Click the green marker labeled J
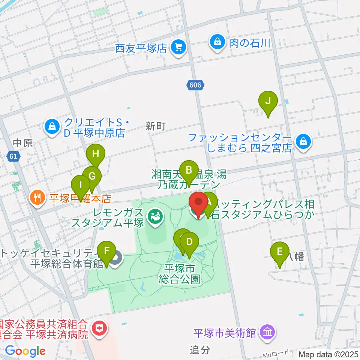268,101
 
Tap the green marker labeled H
96,153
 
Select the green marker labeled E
279,252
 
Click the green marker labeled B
189,170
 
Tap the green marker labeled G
91,175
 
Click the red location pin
199,202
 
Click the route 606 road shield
195,85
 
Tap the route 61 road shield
13,156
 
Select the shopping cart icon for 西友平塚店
178,48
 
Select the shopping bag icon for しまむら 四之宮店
302,142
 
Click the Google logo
25,351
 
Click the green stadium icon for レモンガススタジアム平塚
154,216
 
